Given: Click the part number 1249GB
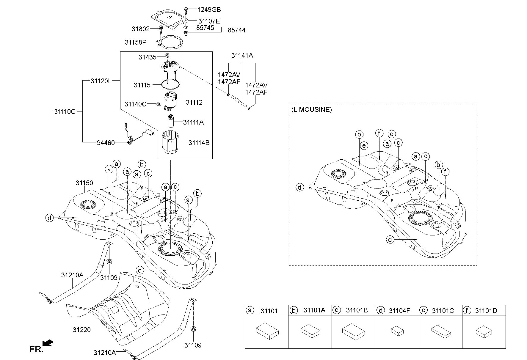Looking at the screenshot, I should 209,10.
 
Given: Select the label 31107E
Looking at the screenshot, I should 209,21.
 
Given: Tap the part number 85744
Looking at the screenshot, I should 236,30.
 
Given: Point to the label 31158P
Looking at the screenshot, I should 136,42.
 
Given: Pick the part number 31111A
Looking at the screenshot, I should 193,122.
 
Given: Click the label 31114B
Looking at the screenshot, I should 199,143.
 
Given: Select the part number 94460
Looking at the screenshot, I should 106,143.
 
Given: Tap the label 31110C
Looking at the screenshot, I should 65,111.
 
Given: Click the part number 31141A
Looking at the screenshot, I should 242,55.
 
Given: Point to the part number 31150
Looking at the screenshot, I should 84,183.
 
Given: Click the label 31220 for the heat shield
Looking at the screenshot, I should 81,330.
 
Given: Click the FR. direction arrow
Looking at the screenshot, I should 48,343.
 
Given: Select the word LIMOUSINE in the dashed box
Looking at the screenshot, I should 311,109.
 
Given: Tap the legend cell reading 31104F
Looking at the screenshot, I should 399,311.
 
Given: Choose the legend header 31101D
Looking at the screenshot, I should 486,311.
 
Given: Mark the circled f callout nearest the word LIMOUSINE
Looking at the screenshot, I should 379,133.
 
